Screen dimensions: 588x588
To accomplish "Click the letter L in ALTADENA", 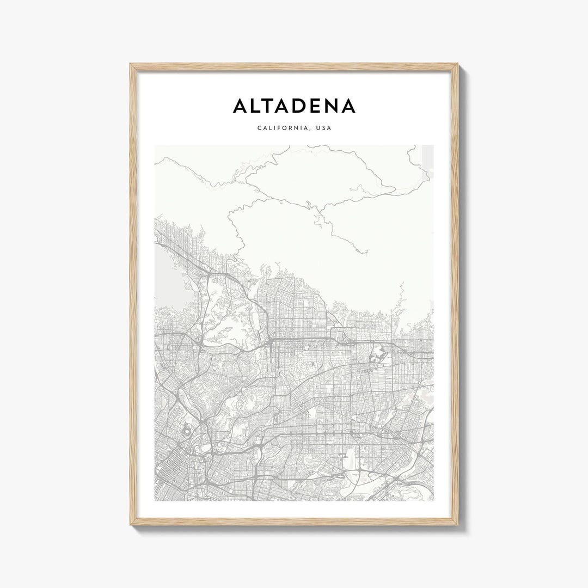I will click(258, 106).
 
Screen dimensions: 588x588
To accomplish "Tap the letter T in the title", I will click(274, 106).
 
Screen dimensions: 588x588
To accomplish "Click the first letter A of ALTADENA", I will click(241, 106).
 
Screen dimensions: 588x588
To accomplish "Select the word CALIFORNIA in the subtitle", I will click(281, 128).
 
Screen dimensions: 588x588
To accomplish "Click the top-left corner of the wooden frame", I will click(131, 64).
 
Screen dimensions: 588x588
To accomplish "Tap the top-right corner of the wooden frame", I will click(458, 64).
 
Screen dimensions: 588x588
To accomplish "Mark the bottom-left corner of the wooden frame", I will click(131, 524).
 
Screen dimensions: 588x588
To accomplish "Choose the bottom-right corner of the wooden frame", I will click(458, 524).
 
